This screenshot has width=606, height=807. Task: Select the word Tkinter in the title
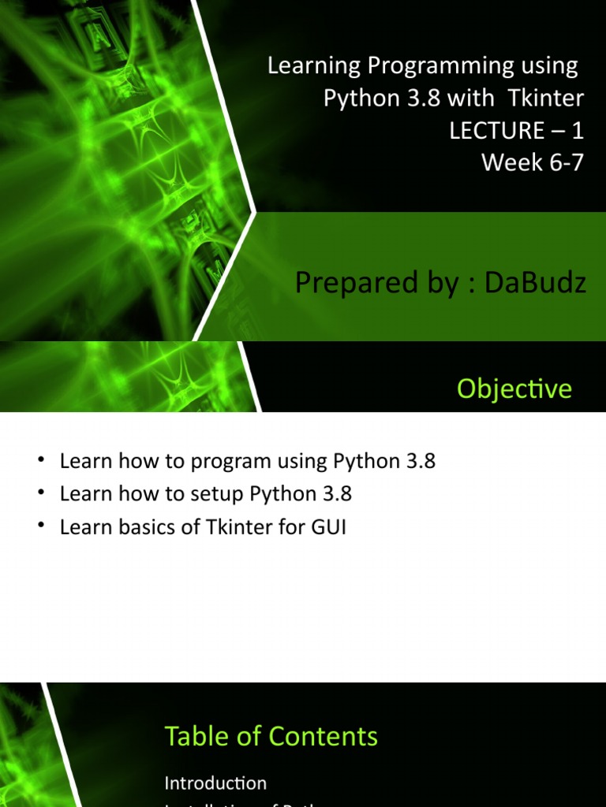click(550, 99)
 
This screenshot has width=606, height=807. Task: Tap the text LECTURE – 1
click(516, 130)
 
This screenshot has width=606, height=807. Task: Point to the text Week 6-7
click(533, 162)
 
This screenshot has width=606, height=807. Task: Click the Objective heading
click(514, 389)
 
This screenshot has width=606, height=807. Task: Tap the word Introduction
click(215, 783)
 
